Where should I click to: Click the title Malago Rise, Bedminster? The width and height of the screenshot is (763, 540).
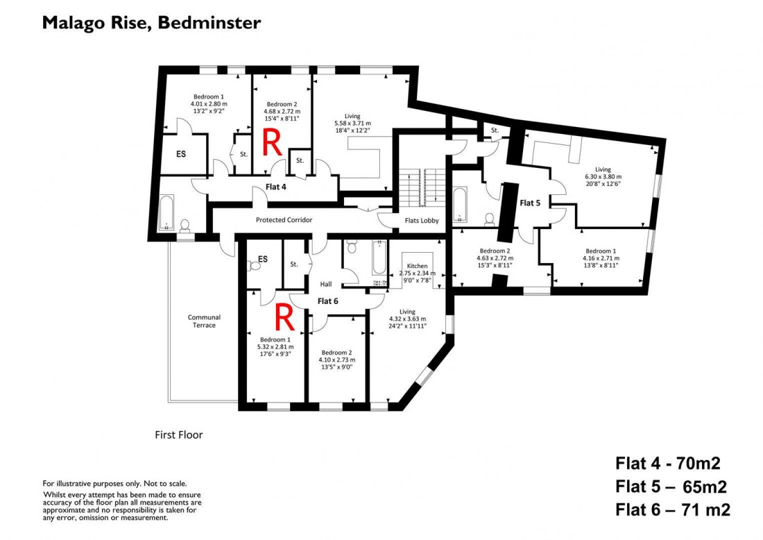point(151,23)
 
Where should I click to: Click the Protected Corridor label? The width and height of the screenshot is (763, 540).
point(284,220)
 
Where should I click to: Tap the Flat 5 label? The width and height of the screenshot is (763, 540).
point(530,203)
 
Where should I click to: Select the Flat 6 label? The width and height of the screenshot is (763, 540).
point(327,301)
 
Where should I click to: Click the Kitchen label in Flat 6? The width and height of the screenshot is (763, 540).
point(417,266)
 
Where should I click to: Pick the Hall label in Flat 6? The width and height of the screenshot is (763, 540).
point(326,284)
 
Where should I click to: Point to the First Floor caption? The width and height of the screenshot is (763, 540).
point(178,435)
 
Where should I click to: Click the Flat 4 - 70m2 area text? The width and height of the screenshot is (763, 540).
point(672,463)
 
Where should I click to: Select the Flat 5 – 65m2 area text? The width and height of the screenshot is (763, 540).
point(672,486)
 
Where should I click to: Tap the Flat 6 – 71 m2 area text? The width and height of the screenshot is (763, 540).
point(672,510)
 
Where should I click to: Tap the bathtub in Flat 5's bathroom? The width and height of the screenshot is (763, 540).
point(461,204)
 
